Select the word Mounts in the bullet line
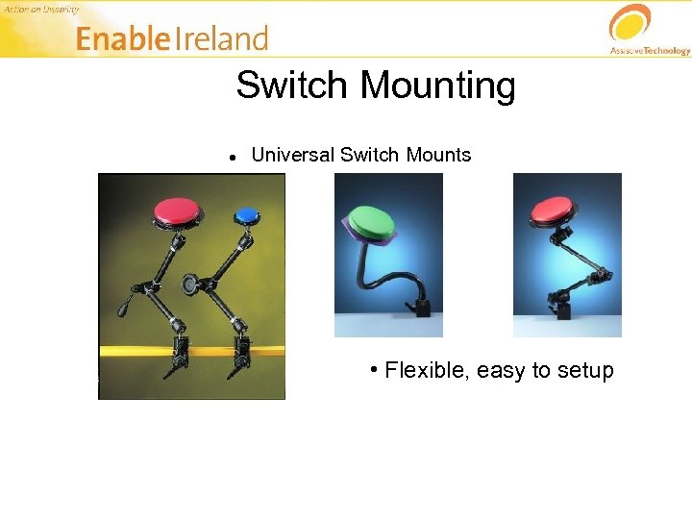pos(439,155)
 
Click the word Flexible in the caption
pos(426,371)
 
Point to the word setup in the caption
pos(585,372)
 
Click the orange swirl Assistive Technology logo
pos(630,23)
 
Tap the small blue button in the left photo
pos(246,214)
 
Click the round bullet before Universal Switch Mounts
pos(233,156)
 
